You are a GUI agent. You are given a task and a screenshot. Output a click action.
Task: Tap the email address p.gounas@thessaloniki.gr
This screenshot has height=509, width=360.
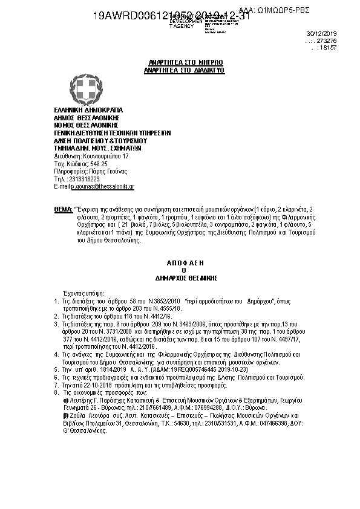tap(102, 187)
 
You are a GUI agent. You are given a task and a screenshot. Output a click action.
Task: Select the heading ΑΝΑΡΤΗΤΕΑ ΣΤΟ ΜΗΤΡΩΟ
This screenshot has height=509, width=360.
tap(178, 63)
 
